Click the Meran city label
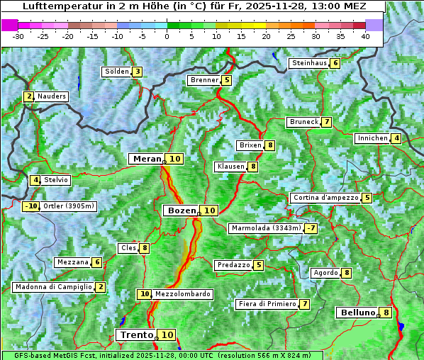pos(147,159)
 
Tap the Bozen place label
pos(181,210)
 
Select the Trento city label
pos(136,335)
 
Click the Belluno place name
pos(357,313)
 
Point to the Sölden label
pos(117,72)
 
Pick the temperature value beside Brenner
pos(226,81)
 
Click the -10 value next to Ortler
pos(31,206)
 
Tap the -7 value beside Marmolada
pos(311,228)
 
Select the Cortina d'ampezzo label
pos(325,198)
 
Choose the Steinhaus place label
pos(308,63)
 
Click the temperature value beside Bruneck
pos(326,122)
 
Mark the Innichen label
pos(373,138)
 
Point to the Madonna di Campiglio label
pos(53,287)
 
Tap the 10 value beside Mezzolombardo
pos(144,294)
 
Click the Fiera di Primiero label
pos(267,304)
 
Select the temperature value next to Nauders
pos(29,96)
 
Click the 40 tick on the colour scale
pos(364,36)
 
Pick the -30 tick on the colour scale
pos(18,36)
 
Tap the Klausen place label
pos(230,167)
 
